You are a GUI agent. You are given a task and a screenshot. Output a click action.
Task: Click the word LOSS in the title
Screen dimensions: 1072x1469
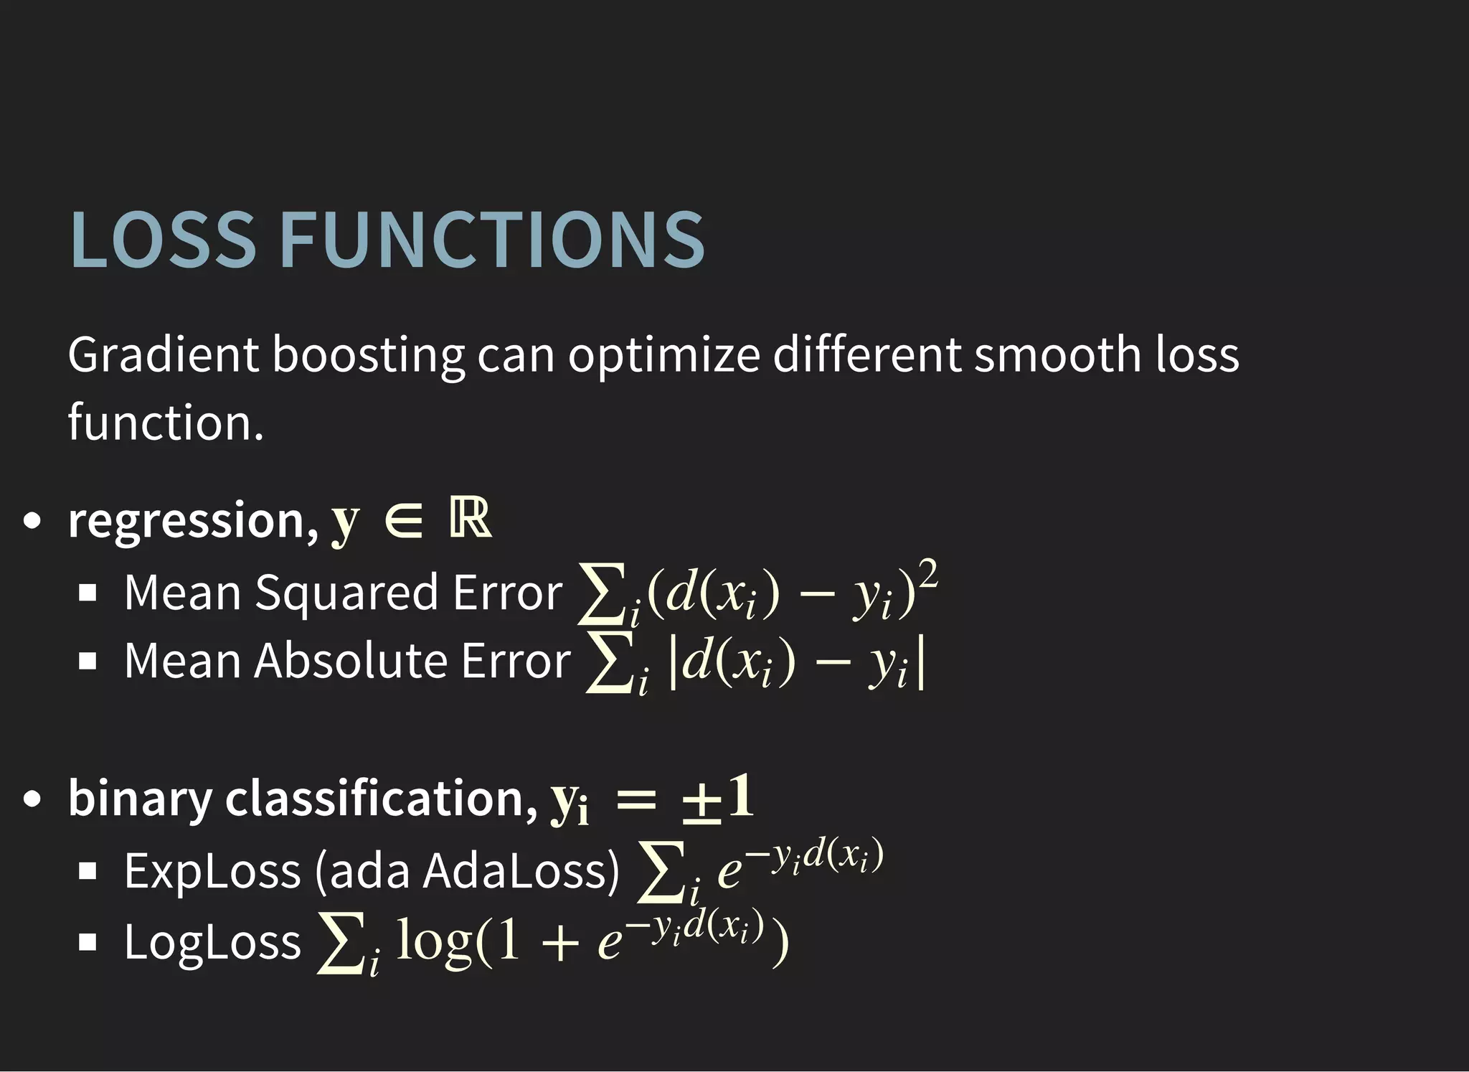pyautogui.click(x=163, y=240)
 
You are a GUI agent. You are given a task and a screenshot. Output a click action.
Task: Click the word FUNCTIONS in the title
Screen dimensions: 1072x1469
pyautogui.click(x=492, y=240)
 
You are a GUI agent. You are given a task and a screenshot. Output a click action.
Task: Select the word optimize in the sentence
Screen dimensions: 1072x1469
pyautogui.click(x=663, y=356)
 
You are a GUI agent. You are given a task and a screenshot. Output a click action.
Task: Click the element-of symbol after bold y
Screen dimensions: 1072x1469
pyautogui.click(x=404, y=521)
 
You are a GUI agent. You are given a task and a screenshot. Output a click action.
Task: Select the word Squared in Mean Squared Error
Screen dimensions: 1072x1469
pyautogui.click(x=346, y=594)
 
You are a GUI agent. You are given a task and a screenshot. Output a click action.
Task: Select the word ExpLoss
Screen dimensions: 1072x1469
pyautogui.click(x=212, y=872)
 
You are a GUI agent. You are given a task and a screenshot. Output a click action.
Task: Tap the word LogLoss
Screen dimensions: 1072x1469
pyautogui.click(x=212, y=942)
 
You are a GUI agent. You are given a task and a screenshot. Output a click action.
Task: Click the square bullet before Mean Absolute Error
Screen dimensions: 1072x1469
pyautogui.click(x=88, y=661)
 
